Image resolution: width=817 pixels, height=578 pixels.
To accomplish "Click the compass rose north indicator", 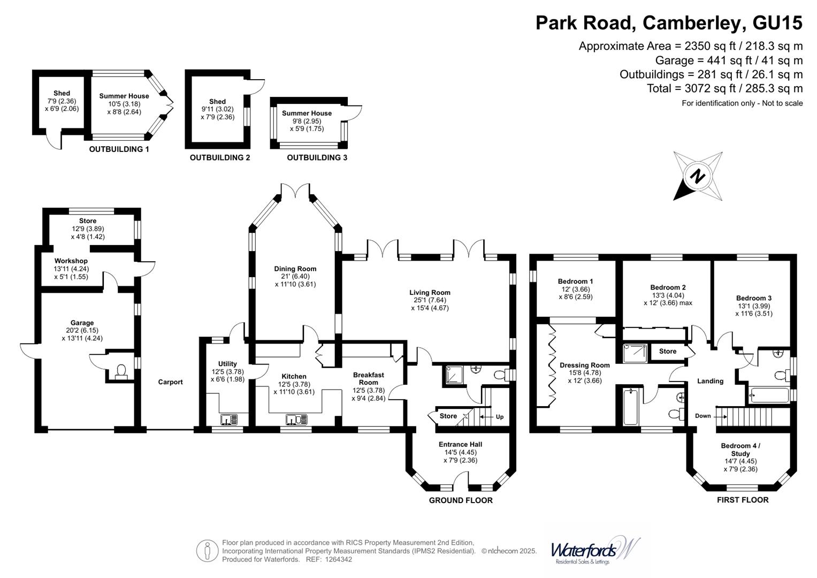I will [698, 176].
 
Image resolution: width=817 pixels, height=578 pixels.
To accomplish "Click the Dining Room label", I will [295, 269].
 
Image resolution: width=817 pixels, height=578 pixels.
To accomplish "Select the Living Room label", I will [430, 293].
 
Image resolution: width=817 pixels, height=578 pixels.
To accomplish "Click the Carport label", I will [170, 382].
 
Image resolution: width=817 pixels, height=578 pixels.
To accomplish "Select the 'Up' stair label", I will [499, 417].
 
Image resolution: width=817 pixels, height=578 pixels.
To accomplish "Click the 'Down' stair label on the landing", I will [703, 416].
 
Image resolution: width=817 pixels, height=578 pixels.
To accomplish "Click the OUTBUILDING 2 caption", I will [220, 158].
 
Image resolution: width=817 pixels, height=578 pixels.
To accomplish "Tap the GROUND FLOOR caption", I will [461, 500].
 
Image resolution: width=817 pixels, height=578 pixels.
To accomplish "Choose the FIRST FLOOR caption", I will [743, 500].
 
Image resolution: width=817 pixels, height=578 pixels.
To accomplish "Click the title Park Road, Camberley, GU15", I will [669, 23].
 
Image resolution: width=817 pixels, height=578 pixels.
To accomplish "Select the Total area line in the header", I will [724, 89].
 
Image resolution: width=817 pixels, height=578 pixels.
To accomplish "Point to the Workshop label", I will [71, 261].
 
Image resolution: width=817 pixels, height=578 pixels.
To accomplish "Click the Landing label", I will [710, 382].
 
